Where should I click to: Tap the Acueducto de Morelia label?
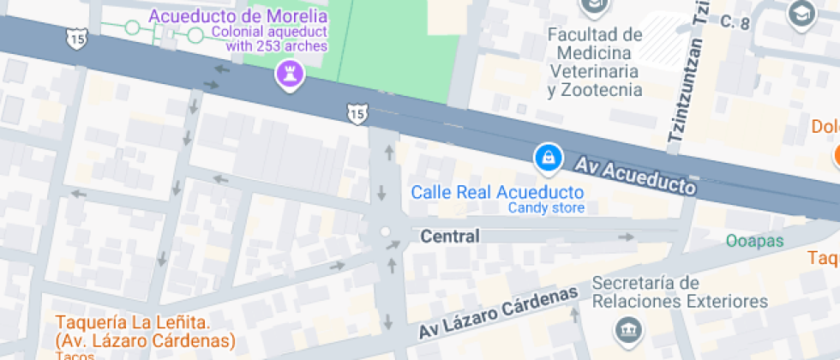tap(237, 15)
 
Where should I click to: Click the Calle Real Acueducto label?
tap(497, 192)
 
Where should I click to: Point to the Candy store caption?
tap(546, 208)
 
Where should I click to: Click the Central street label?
tap(450, 235)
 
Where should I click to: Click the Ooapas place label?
tap(754, 241)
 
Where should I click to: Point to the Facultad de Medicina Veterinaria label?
tap(595, 62)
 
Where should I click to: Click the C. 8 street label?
tap(735, 21)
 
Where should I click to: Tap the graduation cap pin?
tap(801, 15)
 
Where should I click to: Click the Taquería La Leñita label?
tap(144, 332)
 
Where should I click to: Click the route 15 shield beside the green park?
tap(357, 112)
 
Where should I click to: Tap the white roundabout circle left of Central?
tap(385, 231)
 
